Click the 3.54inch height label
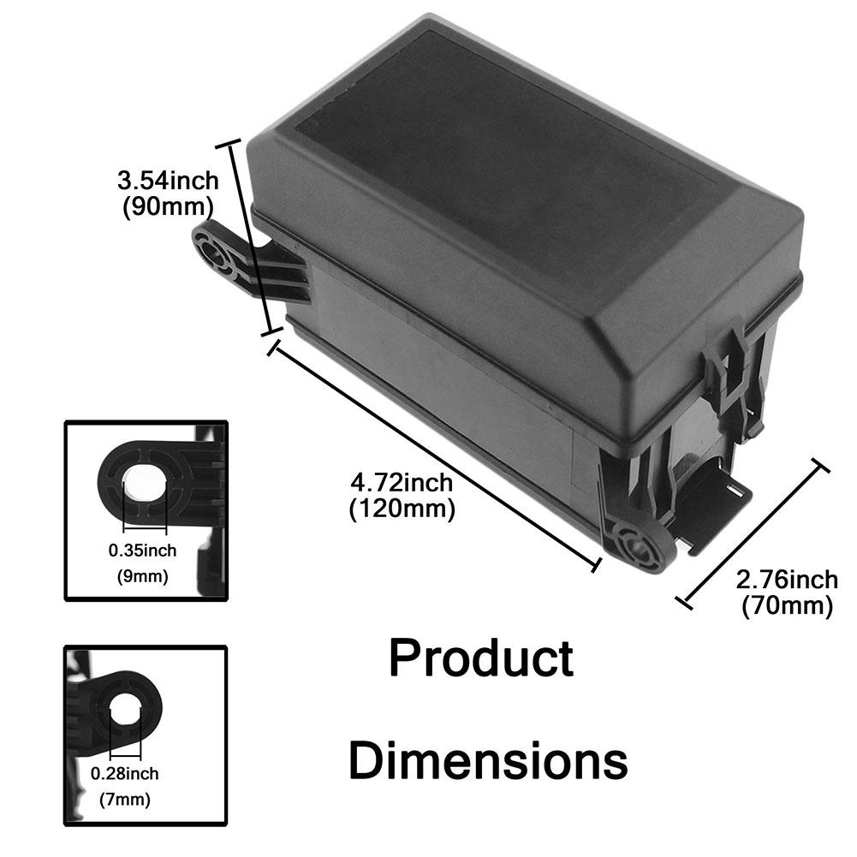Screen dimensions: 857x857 click(x=168, y=181)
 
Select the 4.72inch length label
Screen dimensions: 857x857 click(x=402, y=484)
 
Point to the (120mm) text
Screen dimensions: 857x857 click(x=402, y=509)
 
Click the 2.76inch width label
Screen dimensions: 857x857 click(x=787, y=580)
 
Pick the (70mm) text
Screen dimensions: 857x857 click(x=787, y=606)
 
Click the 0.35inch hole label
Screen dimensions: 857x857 click(x=142, y=550)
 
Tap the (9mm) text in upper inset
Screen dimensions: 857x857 click(x=142, y=576)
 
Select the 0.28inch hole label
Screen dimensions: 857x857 click(x=125, y=774)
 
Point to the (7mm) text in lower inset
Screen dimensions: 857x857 click(x=125, y=800)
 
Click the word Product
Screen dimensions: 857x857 click(x=481, y=659)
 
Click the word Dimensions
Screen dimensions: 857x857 click(x=488, y=760)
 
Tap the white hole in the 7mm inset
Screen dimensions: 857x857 click(x=124, y=706)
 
